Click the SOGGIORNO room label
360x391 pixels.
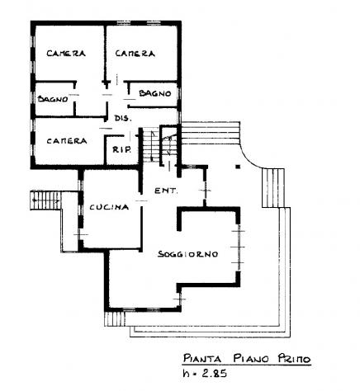(x=188, y=254)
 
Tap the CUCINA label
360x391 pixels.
(x=109, y=207)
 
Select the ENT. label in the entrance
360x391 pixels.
(x=166, y=191)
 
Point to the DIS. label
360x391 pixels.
(x=123, y=119)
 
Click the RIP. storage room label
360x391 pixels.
(x=121, y=149)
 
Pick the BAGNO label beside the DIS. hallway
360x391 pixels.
(x=155, y=93)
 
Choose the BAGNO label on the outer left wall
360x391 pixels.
(x=53, y=99)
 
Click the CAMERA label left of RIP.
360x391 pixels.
(x=67, y=141)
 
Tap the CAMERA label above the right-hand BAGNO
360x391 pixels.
(x=135, y=54)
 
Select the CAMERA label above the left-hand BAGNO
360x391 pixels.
(x=66, y=53)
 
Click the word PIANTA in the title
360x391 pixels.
(x=202, y=359)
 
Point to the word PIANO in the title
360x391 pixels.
(x=251, y=359)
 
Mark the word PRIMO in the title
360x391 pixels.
(x=294, y=359)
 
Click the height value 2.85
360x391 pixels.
(x=214, y=373)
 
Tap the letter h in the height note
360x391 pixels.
(x=187, y=373)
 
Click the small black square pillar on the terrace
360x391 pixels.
(x=239, y=167)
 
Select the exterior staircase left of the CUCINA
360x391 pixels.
(x=45, y=200)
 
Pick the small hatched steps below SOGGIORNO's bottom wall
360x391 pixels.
(x=115, y=319)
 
